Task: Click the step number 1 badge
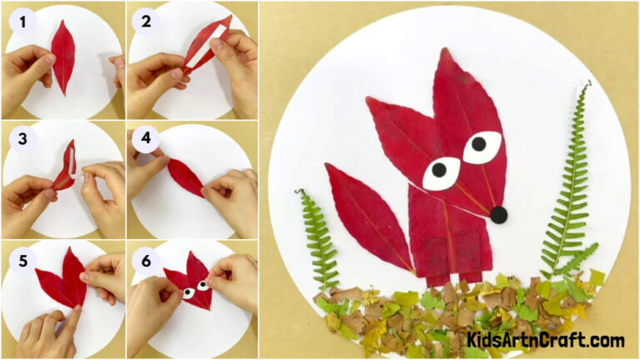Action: [21, 21]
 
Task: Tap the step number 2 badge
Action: [146, 21]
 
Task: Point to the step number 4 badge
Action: [146, 140]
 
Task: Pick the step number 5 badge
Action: [21, 260]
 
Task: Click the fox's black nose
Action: [498, 215]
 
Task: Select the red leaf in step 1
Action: [62, 56]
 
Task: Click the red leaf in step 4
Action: [186, 177]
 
